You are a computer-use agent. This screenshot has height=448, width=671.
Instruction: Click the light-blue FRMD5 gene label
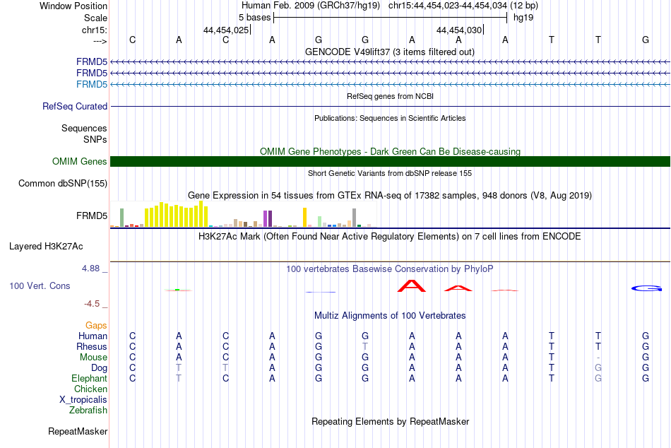point(92,84)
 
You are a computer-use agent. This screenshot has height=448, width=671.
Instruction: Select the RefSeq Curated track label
point(75,106)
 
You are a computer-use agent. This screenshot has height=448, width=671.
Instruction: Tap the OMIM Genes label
point(80,162)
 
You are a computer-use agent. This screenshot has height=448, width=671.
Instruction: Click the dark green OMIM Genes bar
point(390,162)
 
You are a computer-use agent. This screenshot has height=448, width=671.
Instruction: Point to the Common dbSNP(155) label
point(63,183)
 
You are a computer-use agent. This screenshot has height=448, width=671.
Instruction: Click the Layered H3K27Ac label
point(46,247)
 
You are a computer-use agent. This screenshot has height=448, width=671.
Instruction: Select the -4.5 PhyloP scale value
point(92,304)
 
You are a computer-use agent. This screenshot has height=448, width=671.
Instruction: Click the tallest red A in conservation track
point(412,285)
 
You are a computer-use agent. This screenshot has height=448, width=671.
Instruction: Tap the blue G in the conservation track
point(646,289)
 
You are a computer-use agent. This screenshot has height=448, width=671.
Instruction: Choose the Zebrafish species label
point(88,410)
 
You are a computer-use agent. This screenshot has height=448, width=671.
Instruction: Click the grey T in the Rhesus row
point(365,346)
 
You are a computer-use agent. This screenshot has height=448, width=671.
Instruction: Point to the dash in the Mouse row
point(598,358)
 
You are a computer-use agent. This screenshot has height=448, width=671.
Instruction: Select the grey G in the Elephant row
point(598,378)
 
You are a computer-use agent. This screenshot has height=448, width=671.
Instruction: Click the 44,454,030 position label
point(459,30)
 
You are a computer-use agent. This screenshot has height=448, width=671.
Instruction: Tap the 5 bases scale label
point(254,18)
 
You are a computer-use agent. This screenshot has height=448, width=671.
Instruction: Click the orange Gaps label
point(96,326)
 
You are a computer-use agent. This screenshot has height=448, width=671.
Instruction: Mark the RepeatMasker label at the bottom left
point(78,431)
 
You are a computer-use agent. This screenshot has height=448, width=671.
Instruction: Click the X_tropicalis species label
point(83,400)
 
